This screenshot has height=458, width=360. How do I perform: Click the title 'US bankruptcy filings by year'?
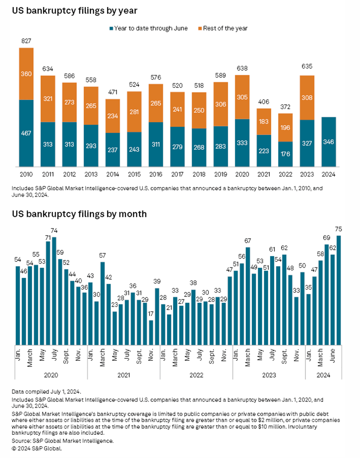74,11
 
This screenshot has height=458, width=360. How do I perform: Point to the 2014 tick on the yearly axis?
113,174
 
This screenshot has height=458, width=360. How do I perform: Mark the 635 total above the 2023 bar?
307,66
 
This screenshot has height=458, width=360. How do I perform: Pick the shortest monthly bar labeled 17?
151,332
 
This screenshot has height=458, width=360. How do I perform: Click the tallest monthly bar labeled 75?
339,290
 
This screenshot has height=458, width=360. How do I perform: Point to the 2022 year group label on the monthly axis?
196,375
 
